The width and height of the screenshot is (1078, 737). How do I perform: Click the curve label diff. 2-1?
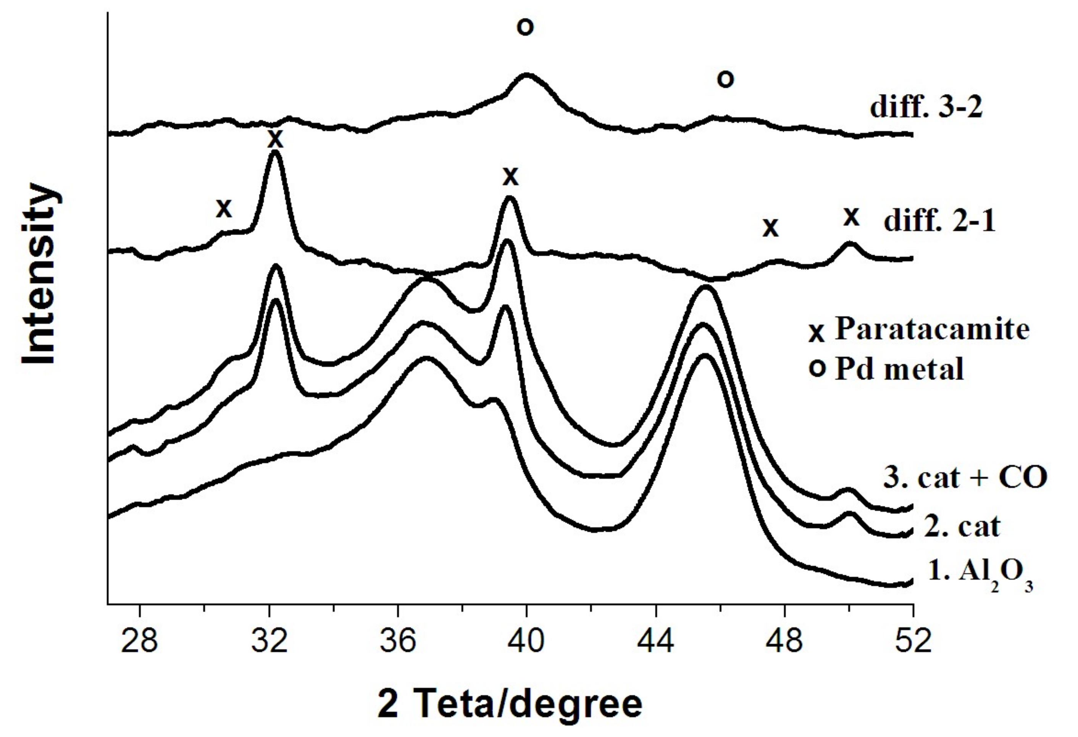pyautogui.click(x=939, y=221)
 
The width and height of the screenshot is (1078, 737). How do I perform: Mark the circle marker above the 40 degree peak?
pyautogui.click(x=525, y=27)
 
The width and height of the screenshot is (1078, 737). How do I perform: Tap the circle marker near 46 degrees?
pyautogui.click(x=725, y=79)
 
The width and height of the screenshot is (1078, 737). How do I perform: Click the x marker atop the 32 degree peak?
pyautogui.click(x=275, y=138)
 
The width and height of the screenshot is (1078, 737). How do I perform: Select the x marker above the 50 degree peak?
pyautogui.click(x=851, y=216)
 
